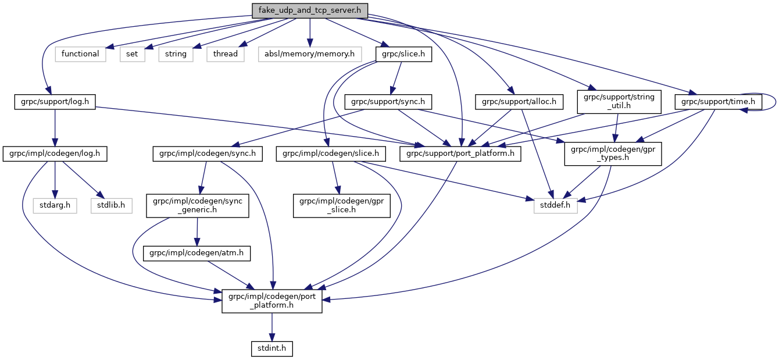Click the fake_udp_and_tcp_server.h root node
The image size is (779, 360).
pos(310,10)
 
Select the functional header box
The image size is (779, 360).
pos(80,54)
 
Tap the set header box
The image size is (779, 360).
pos(132,54)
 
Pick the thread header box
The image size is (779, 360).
pos(225,54)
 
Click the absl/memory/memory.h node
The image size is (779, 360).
pos(309,54)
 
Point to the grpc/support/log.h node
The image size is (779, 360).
pos(55,102)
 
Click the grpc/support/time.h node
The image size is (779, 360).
pos(718,102)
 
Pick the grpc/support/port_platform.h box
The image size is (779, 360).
pos(460,154)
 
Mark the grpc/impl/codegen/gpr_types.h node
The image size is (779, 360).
pos(613,154)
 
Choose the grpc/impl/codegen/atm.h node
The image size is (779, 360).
pos(196,254)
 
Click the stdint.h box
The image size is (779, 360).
pos(271,348)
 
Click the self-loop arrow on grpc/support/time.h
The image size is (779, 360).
pos(775,102)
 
